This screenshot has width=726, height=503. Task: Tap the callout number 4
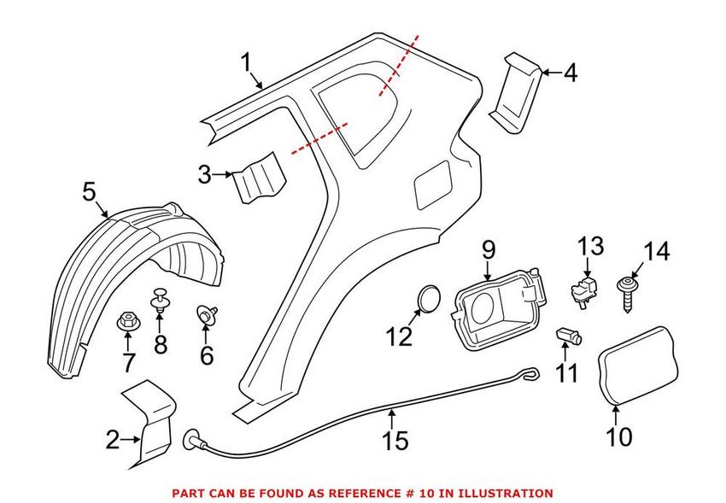tap(569, 73)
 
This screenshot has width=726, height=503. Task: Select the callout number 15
tap(395, 440)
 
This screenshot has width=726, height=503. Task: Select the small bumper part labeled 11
tap(568, 336)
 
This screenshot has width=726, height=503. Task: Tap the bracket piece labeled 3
tap(260, 177)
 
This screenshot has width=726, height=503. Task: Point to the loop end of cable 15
tap(531, 373)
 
